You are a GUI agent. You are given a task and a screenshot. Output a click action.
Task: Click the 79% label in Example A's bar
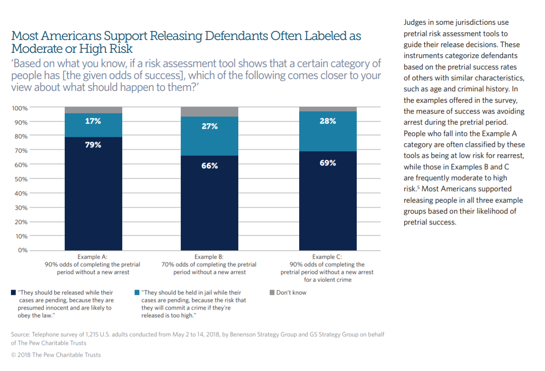click(x=93, y=145)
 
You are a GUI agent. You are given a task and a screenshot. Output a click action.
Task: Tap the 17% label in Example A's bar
click(x=93, y=121)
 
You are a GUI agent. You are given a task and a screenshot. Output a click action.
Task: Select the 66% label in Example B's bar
click(x=209, y=166)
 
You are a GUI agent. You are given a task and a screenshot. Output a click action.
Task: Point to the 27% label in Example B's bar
click(x=209, y=126)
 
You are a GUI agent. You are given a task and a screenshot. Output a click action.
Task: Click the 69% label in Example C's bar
click(x=328, y=163)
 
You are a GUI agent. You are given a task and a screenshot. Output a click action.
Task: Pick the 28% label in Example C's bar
click(x=328, y=121)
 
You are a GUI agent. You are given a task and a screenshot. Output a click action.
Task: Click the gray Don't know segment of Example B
click(x=209, y=112)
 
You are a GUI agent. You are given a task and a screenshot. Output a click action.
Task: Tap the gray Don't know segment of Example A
click(x=93, y=110)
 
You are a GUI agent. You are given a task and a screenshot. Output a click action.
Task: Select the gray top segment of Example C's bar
click(x=328, y=109)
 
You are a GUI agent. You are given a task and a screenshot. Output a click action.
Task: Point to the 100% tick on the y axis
click(x=19, y=108)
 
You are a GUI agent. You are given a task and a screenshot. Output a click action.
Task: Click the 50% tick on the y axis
click(x=20, y=179)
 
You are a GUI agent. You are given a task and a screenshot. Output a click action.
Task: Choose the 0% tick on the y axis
click(x=22, y=250)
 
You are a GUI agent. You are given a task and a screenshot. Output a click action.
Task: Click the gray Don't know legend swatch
click(x=272, y=293)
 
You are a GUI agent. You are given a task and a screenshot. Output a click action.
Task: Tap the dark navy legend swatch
click(x=13, y=293)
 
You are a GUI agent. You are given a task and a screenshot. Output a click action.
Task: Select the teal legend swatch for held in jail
click(x=137, y=293)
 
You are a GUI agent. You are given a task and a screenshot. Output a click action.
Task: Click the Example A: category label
click(x=93, y=257)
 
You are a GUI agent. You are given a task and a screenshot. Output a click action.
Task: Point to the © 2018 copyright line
click(x=56, y=355)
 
